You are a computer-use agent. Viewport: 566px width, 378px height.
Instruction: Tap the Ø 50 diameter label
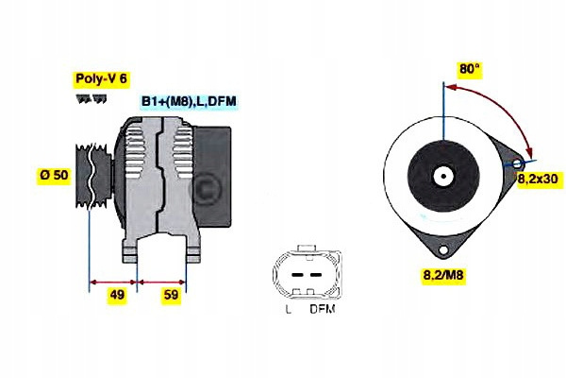54,176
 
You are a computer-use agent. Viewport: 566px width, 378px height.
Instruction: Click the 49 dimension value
117,295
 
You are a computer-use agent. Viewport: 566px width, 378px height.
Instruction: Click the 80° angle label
470,69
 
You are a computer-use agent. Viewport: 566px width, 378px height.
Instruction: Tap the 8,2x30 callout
538,177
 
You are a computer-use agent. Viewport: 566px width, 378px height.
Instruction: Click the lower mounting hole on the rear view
443,249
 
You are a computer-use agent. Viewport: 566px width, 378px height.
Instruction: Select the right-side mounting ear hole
517,163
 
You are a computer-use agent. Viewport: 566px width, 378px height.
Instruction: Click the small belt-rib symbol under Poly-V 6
86,99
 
